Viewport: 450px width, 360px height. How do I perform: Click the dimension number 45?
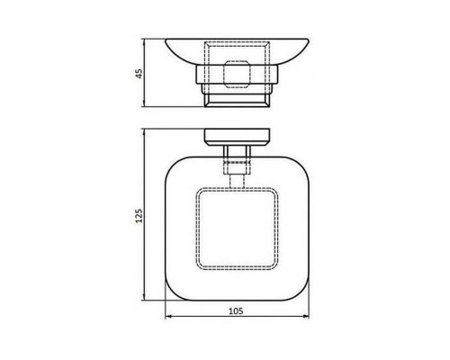click(x=139, y=74)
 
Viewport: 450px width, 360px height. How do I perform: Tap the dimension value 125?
click(x=139, y=216)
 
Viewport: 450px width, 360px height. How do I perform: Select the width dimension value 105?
click(x=236, y=311)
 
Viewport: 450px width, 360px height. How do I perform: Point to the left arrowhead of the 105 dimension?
click(x=168, y=316)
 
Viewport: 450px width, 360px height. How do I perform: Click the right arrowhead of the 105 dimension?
click(x=306, y=316)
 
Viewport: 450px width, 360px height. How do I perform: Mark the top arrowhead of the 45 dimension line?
click(x=145, y=41)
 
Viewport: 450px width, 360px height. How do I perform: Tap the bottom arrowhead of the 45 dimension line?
click(x=145, y=103)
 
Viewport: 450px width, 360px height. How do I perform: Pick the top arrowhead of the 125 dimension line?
click(x=145, y=132)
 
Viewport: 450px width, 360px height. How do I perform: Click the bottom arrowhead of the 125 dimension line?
click(x=145, y=297)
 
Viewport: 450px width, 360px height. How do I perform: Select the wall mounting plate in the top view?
click(x=237, y=137)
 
